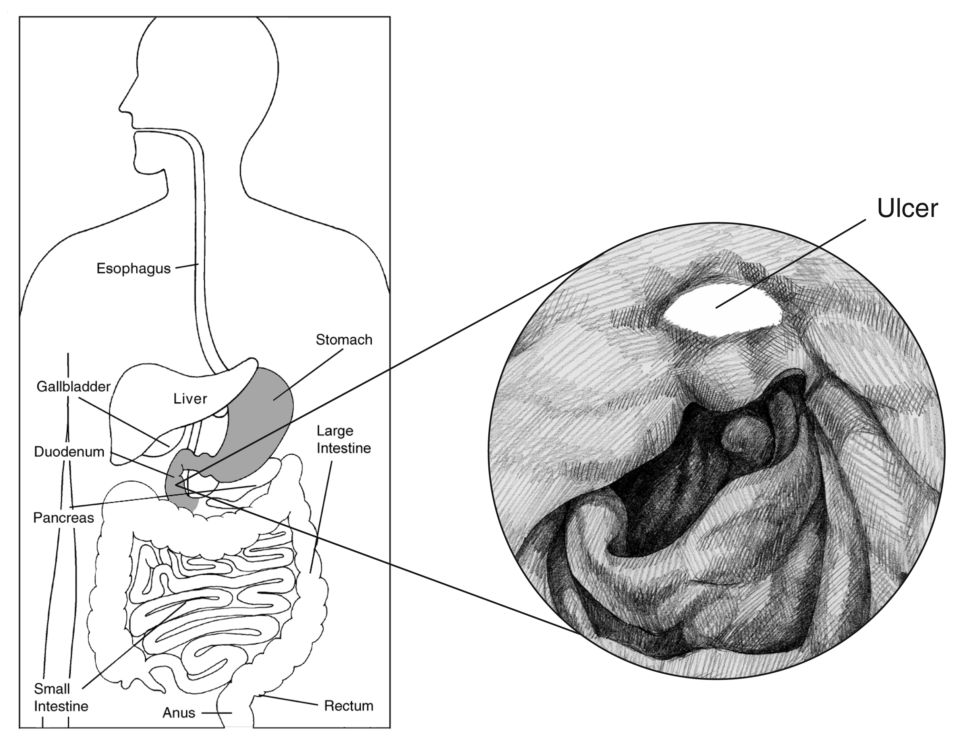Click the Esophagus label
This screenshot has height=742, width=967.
(133, 269)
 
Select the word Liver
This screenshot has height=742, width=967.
(190, 399)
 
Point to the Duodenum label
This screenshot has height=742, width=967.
(69, 452)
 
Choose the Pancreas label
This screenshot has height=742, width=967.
(63, 518)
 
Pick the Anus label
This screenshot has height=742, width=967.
(179, 713)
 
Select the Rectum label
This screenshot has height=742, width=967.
(349, 706)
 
